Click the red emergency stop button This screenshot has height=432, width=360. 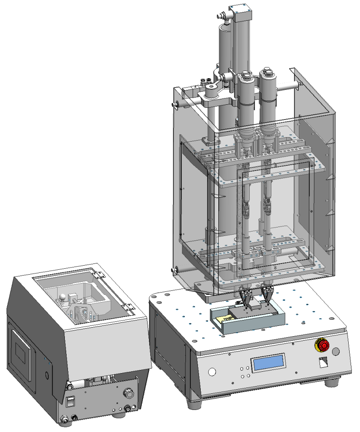tap(322, 345)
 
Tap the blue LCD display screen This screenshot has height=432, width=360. tap(269, 362)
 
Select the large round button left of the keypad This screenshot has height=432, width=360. tap(212, 372)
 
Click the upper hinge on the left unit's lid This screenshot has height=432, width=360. tap(97, 272)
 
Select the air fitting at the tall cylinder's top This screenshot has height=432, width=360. tap(222, 18)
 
